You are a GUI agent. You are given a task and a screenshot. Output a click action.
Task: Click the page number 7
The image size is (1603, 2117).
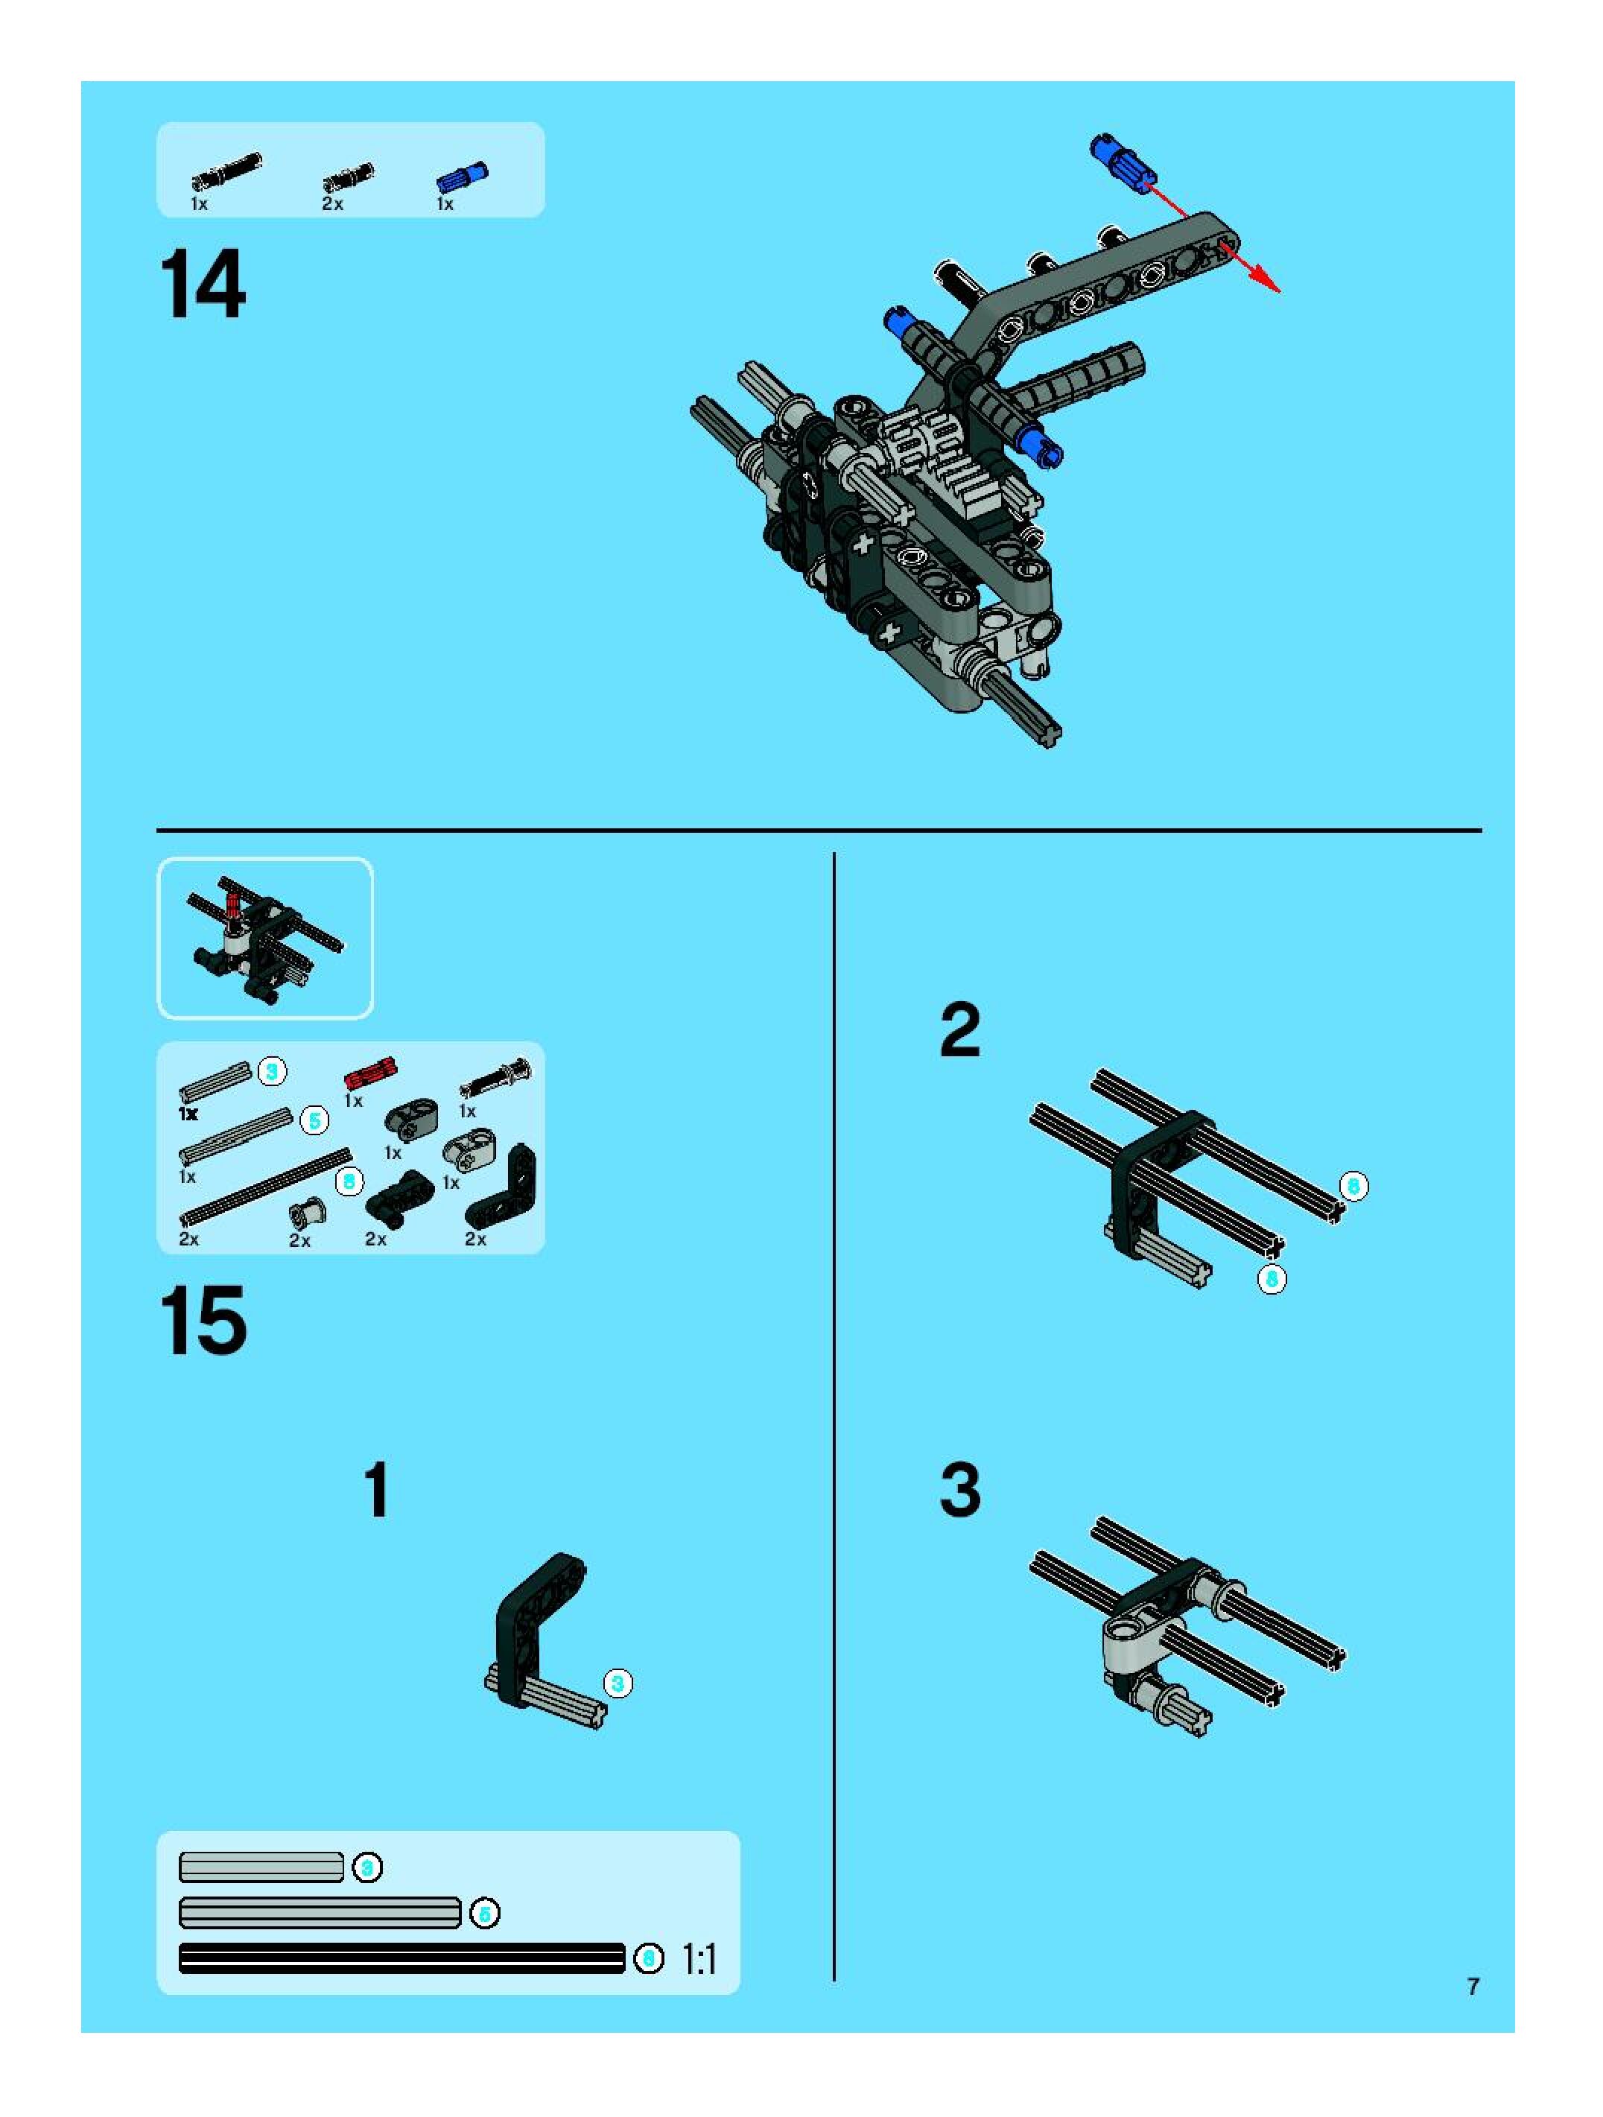(1473, 1986)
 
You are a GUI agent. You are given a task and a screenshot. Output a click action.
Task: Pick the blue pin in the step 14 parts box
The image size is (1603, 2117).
(463, 177)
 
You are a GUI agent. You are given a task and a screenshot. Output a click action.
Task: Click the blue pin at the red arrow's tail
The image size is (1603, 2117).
(1123, 162)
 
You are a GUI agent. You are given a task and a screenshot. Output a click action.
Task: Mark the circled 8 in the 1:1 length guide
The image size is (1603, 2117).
(649, 1959)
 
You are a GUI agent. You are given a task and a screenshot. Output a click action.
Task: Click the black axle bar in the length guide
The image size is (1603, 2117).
(402, 1959)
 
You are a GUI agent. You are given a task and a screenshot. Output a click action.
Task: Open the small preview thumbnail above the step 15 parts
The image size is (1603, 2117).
(264, 938)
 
